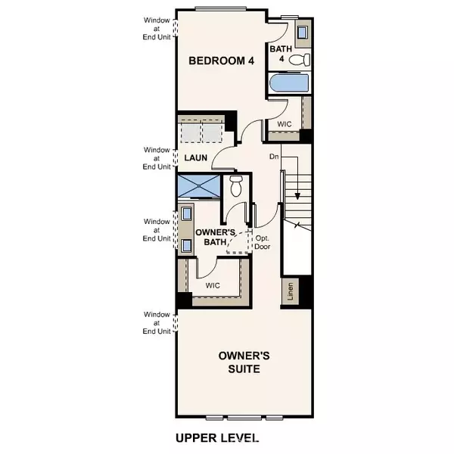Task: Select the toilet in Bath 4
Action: pyautogui.click(x=303, y=60)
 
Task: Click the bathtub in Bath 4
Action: pyautogui.click(x=288, y=83)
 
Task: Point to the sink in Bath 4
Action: pyautogui.click(x=302, y=33)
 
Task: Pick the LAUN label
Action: pyautogui.click(x=197, y=157)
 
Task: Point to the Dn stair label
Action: pyautogui.click(x=274, y=157)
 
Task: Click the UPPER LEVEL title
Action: pyautogui.click(x=216, y=437)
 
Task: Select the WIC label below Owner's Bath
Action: pyautogui.click(x=214, y=286)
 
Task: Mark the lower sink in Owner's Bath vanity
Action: pyautogui.click(x=186, y=245)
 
